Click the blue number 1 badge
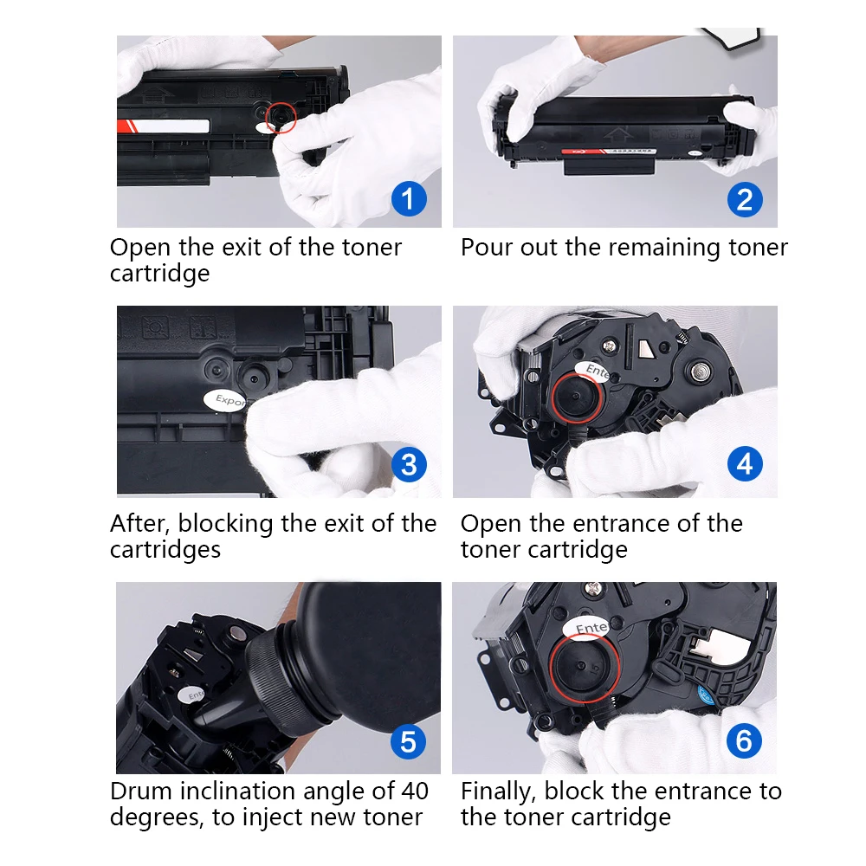click(409, 198)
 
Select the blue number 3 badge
click(409, 465)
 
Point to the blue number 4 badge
click(745, 465)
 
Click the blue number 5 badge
click(409, 741)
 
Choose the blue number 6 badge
click(745, 741)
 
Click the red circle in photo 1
click(281, 117)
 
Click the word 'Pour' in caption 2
click(488, 248)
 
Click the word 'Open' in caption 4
click(491, 524)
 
